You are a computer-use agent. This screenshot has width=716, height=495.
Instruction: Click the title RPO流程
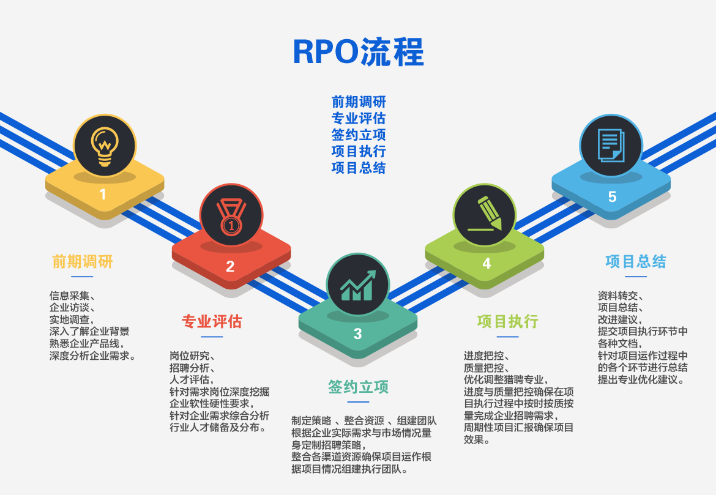(x=359, y=51)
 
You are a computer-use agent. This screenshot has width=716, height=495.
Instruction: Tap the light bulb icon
(x=105, y=146)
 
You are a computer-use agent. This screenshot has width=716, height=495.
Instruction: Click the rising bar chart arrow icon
(x=358, y=285)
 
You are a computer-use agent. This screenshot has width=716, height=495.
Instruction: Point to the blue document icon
(x=611, y=145)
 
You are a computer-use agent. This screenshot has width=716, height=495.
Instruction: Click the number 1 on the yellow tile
(x=103, y=195)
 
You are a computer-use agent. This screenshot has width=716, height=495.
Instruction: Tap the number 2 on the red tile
(x=230, y=266)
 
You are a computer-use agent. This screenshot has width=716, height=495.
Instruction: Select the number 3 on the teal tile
(x=357, y=334)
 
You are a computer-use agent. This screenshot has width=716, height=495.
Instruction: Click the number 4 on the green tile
(x=487, y=264)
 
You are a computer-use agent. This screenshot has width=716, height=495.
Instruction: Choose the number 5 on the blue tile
(x=613, y=197)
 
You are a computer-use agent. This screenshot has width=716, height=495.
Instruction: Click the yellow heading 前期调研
(x=82, y=262)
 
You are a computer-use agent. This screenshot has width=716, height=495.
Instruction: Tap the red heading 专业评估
(x=211, y=321)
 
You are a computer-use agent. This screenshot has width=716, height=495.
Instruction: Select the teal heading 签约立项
(x=358, y=387)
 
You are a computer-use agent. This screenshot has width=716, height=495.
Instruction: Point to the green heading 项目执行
(x=508, y=321)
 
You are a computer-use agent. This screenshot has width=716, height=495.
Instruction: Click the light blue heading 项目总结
(x=636, y=262)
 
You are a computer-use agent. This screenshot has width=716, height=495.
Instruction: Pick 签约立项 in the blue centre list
(x=359, y=135)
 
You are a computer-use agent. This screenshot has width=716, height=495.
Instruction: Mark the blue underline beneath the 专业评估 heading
(x=212, y=337)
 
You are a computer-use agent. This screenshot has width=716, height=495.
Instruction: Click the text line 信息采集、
(x=72, y=296)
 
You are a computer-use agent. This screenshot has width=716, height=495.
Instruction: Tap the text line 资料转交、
(x=621, y=296)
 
